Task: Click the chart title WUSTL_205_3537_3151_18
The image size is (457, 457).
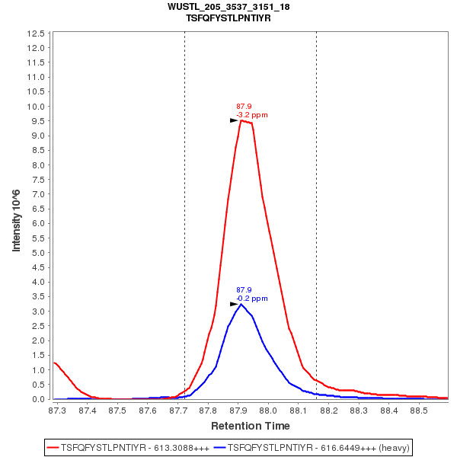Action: tap(228, 7)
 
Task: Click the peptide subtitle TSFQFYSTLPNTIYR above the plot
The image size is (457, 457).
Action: tap(228, 18)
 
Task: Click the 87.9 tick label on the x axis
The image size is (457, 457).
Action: tap(238, 411)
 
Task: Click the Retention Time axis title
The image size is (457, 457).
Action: tap(250, 425)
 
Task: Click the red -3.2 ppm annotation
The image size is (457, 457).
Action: tap(251, 115)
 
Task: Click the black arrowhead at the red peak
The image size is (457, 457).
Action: tap(235, 120)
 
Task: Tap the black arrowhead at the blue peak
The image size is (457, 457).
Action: tap(235, 304)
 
